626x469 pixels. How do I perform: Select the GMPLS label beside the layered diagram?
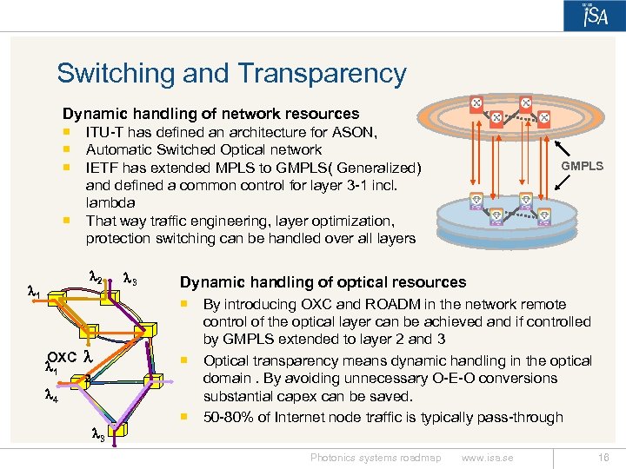pyautogui.click(x=582, y=166)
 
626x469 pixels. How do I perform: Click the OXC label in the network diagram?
pyautogui.click(x=63, y=357)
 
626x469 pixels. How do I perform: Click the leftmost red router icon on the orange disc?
pyautogui.click(x=476, y=103)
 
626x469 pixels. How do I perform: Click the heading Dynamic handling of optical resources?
pyautogui.click(x=323, y=282)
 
